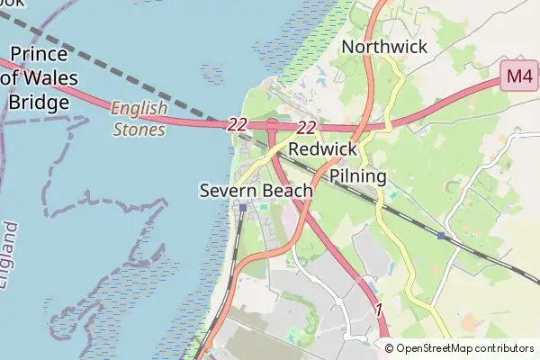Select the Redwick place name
(x=324, y=149)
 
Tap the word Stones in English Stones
(x=139, y=129)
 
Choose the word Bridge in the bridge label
(x=39, y=102)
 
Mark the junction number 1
(x=379, y=310)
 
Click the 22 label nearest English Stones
(x=238, y=125)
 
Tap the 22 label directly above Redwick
(x=307, y=128)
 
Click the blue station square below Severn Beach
(x=243, y=208)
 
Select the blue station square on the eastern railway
(x=440, y=236)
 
